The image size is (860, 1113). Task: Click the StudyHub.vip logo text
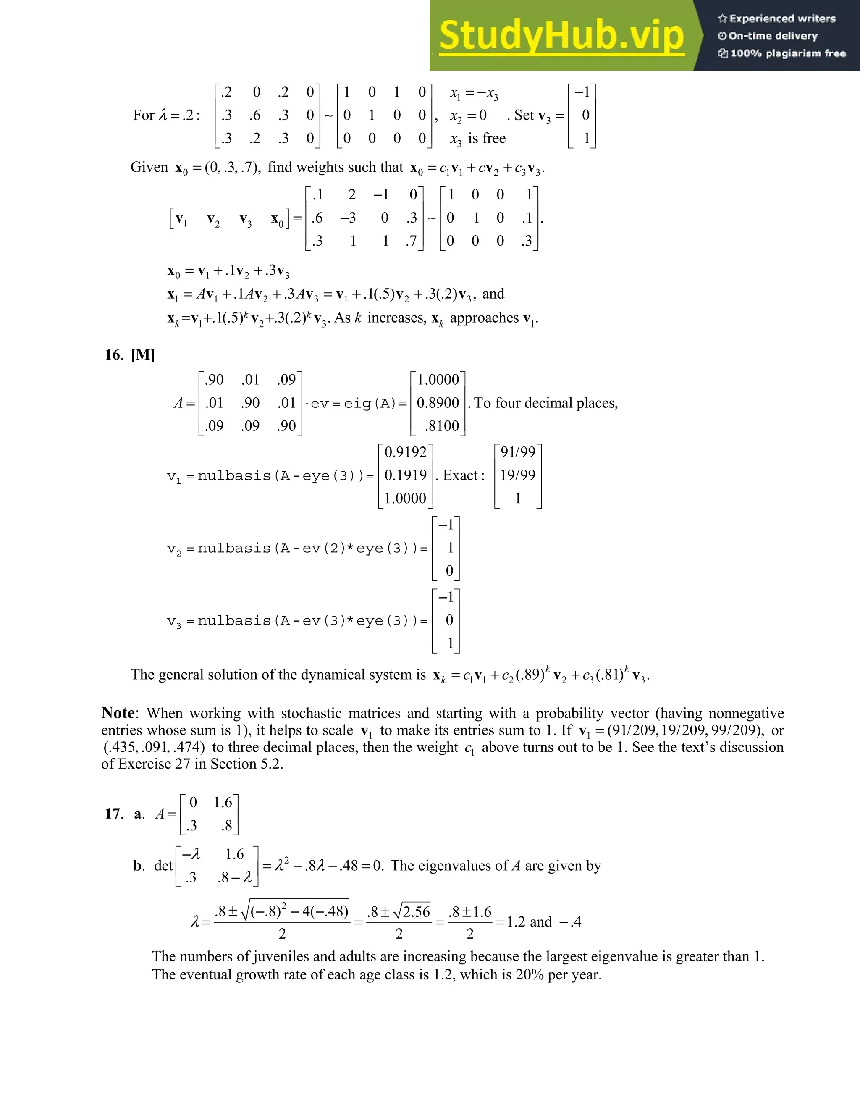(561, 36)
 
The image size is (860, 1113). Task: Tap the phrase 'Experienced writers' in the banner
(782, 19)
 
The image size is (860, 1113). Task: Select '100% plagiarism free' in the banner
(788, 53)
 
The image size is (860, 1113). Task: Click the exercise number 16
(113, 355)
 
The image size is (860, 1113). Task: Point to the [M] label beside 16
(143, 355)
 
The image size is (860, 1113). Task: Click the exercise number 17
(113, 814)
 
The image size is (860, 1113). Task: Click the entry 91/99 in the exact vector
(518, 452)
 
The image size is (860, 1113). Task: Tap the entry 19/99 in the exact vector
(518, 475)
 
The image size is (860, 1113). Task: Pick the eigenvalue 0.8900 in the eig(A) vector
(438, 403)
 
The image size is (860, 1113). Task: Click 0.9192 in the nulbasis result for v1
(406, 452)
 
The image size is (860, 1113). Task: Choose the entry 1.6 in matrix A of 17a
(223, 803)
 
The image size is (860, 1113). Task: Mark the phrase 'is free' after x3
(487, 139)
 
